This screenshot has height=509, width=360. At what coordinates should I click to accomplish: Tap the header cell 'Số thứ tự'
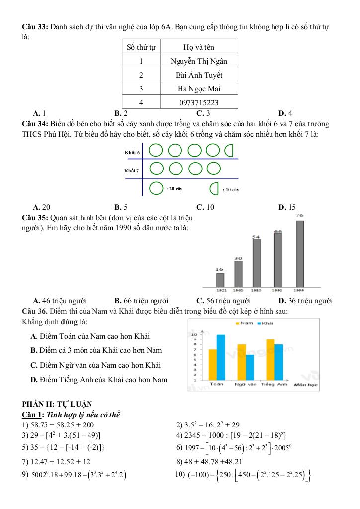(141, 47)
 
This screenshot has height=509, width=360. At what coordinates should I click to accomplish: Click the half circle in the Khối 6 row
(230, 149)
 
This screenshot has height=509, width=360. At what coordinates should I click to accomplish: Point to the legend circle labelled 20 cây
(157, 189)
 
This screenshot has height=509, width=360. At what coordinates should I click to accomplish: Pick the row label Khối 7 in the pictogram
(132, 170)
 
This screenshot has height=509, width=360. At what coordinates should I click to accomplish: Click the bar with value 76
(300, 254)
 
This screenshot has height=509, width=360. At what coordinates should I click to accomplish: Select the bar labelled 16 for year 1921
(220, 280)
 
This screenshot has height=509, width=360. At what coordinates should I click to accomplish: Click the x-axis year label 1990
(278, 289)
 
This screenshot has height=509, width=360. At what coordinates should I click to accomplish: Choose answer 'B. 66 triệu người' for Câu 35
(141, 301)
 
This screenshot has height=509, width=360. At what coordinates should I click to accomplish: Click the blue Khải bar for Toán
(221, 357)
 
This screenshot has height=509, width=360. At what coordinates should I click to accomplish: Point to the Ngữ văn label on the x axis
(245, 384)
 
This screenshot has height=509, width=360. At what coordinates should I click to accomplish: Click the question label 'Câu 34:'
(34, 123)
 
